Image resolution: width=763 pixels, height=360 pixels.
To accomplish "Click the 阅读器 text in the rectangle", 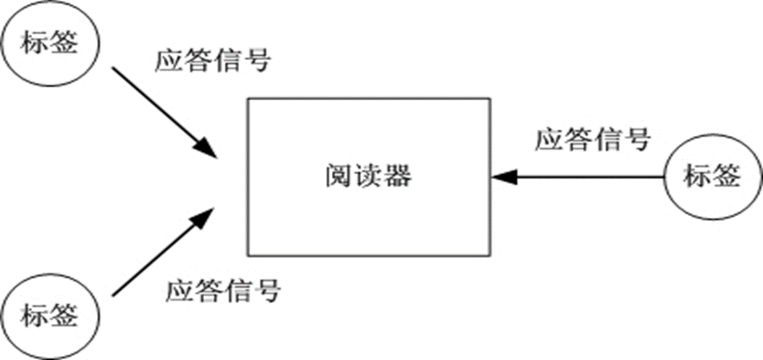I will [x=368, y=176].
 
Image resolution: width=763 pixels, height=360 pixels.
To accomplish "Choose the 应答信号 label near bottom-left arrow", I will [x=223, y=290].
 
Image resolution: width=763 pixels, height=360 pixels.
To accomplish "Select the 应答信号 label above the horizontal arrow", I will [x=592, y=141].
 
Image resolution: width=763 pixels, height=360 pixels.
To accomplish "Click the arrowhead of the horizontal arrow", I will [x=501, y=175].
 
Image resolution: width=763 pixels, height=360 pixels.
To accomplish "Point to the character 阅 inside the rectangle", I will [x=339, y=176].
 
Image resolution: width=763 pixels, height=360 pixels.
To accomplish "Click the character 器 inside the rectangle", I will [x=397, y=176].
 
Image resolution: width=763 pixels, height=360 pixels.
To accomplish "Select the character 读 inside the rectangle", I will [x=368, y=176].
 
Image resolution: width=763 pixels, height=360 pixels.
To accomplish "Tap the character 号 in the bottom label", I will [x=266, y=290].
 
